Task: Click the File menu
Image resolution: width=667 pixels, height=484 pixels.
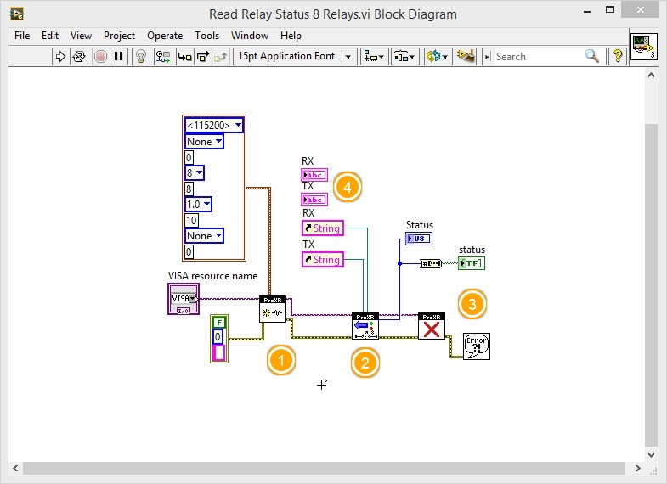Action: (x=22, y=36)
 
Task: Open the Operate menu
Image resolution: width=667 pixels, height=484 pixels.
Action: (x=165, y=36)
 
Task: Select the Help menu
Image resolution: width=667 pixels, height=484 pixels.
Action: (x=291, y=36)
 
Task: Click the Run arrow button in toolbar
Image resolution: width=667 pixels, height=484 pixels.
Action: (x=60, y=57)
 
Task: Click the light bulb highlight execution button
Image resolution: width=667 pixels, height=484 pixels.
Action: (x=142, y=57)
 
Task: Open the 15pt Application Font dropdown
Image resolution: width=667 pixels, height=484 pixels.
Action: (x=295, y=57)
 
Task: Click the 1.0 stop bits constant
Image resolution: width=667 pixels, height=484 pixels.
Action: (x=198, y=205)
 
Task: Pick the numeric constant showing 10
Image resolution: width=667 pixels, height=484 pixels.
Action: (x=191, y=221)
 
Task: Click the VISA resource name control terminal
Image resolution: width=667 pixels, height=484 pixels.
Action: (x=183, y=299)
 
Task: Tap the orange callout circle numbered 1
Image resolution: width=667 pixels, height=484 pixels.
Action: (x=281, y=360)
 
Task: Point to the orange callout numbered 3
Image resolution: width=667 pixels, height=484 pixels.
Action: (x=472, y=303)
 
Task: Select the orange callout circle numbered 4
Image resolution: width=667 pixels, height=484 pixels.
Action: (x=347, y=187)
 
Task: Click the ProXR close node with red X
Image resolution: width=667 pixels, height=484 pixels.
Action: (x=432, y=326)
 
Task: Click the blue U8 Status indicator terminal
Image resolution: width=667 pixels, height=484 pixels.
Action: (x=419, y=239)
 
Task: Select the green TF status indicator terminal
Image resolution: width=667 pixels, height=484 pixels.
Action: (x=472, y=263)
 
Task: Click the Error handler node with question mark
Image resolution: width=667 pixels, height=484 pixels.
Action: (x=477, y=346)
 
